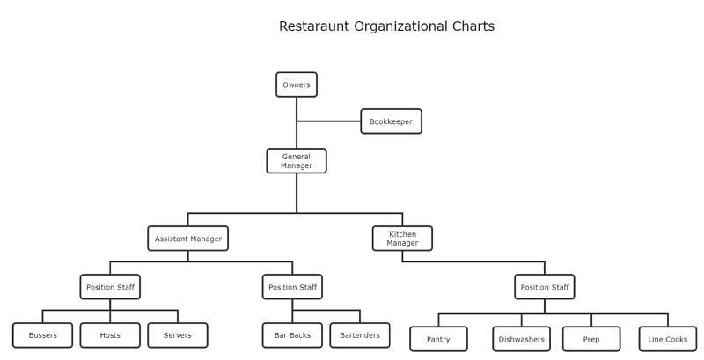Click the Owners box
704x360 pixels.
(297, 84)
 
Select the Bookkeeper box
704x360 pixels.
(391, 121)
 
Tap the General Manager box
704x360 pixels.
(297, 161)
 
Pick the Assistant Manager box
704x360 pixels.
(188, 239)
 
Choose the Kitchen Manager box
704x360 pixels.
(402, 239)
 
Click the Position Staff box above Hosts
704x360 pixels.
(110, 287)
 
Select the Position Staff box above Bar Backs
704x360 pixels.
(292, 287)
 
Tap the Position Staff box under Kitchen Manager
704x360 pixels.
(545, 287)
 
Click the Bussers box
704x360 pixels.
(42, 334)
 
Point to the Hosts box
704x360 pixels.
(110, 334)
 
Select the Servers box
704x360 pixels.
(178, 334)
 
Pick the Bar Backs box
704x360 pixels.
(292, 334)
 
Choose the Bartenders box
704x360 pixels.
(360, 334)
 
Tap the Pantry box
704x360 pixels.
(438, 339)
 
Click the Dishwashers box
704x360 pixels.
(521, 339)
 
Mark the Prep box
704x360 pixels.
(591, 339)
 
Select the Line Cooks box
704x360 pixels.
(668, 339)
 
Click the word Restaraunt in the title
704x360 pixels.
(314, 26)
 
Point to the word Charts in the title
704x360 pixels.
(473, 26)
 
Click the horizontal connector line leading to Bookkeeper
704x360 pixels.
(328, 121)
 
